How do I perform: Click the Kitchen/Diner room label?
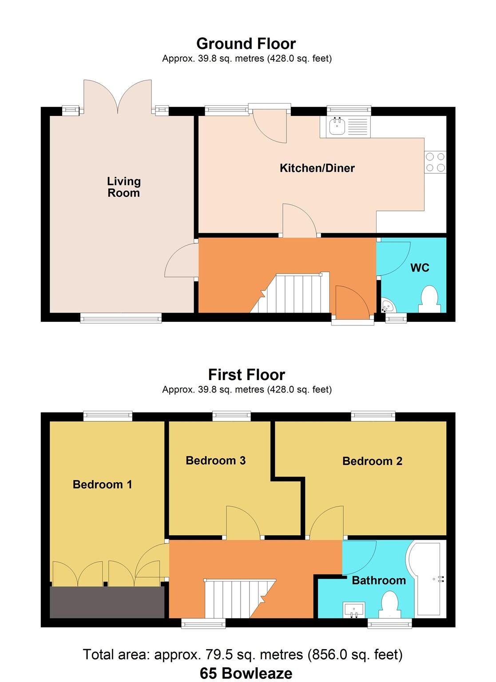317,168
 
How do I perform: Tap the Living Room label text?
123,187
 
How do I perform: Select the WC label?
420,268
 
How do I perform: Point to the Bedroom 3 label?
215,460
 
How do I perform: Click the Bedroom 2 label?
372,461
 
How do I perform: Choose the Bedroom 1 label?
102,484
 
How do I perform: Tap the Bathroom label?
379,580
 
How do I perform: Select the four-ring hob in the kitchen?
435,162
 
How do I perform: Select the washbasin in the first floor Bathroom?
353,610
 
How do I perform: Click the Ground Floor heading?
246,44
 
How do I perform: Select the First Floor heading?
246,375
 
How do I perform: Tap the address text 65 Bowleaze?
246,673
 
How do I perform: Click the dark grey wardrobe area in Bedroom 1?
107,602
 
